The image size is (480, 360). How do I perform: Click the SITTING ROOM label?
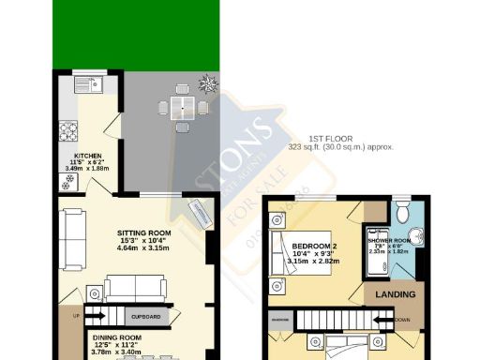pyautogui.click(x=143, y=232)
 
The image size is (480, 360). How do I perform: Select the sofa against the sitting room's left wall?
pyautogui.click(x=69, y=227)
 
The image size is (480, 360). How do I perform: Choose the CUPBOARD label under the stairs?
pyautogui.click(x=143, y=317)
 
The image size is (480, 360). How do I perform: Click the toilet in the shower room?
pyautogui.click(x=403, y=209)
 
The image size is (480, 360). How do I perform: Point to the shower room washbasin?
pyautogui.click(x=417, y=236)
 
